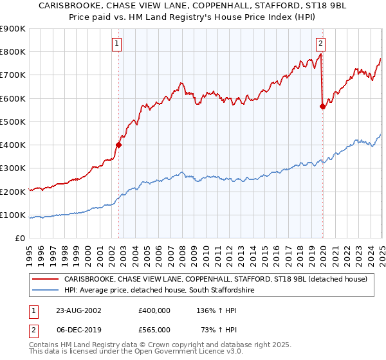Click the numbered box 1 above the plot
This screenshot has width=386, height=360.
tap(117, 44)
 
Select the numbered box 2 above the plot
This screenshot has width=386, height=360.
tap(320, 44)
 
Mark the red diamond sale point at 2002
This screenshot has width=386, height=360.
tap(119, 145)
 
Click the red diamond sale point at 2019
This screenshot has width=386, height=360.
tap(322, 107)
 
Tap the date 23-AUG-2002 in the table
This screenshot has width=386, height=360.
tap(79, 310)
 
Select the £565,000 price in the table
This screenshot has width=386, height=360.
tap(154, 330)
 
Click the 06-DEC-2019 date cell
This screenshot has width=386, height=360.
tap(79, 330)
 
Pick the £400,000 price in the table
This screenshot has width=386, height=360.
tap(154, 310)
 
